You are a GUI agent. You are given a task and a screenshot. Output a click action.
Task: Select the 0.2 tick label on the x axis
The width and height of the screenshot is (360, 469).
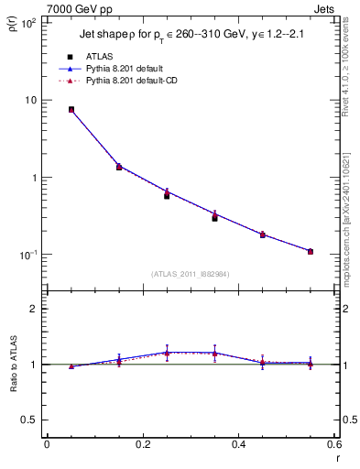point(142,445)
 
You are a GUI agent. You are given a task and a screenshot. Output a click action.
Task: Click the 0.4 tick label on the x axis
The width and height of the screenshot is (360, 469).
point(238,445)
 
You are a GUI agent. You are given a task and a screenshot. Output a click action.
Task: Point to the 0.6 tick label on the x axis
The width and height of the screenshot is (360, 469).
point(333,445)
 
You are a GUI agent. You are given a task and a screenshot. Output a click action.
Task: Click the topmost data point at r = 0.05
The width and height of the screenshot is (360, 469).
point(71,109)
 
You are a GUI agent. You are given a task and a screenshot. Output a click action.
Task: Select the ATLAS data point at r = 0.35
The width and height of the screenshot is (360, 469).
point(214,218)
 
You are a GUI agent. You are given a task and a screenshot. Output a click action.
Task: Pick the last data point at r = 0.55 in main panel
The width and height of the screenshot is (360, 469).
point(311,251)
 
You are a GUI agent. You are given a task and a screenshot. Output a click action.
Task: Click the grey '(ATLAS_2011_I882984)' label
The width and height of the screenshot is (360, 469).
point(191,274)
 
